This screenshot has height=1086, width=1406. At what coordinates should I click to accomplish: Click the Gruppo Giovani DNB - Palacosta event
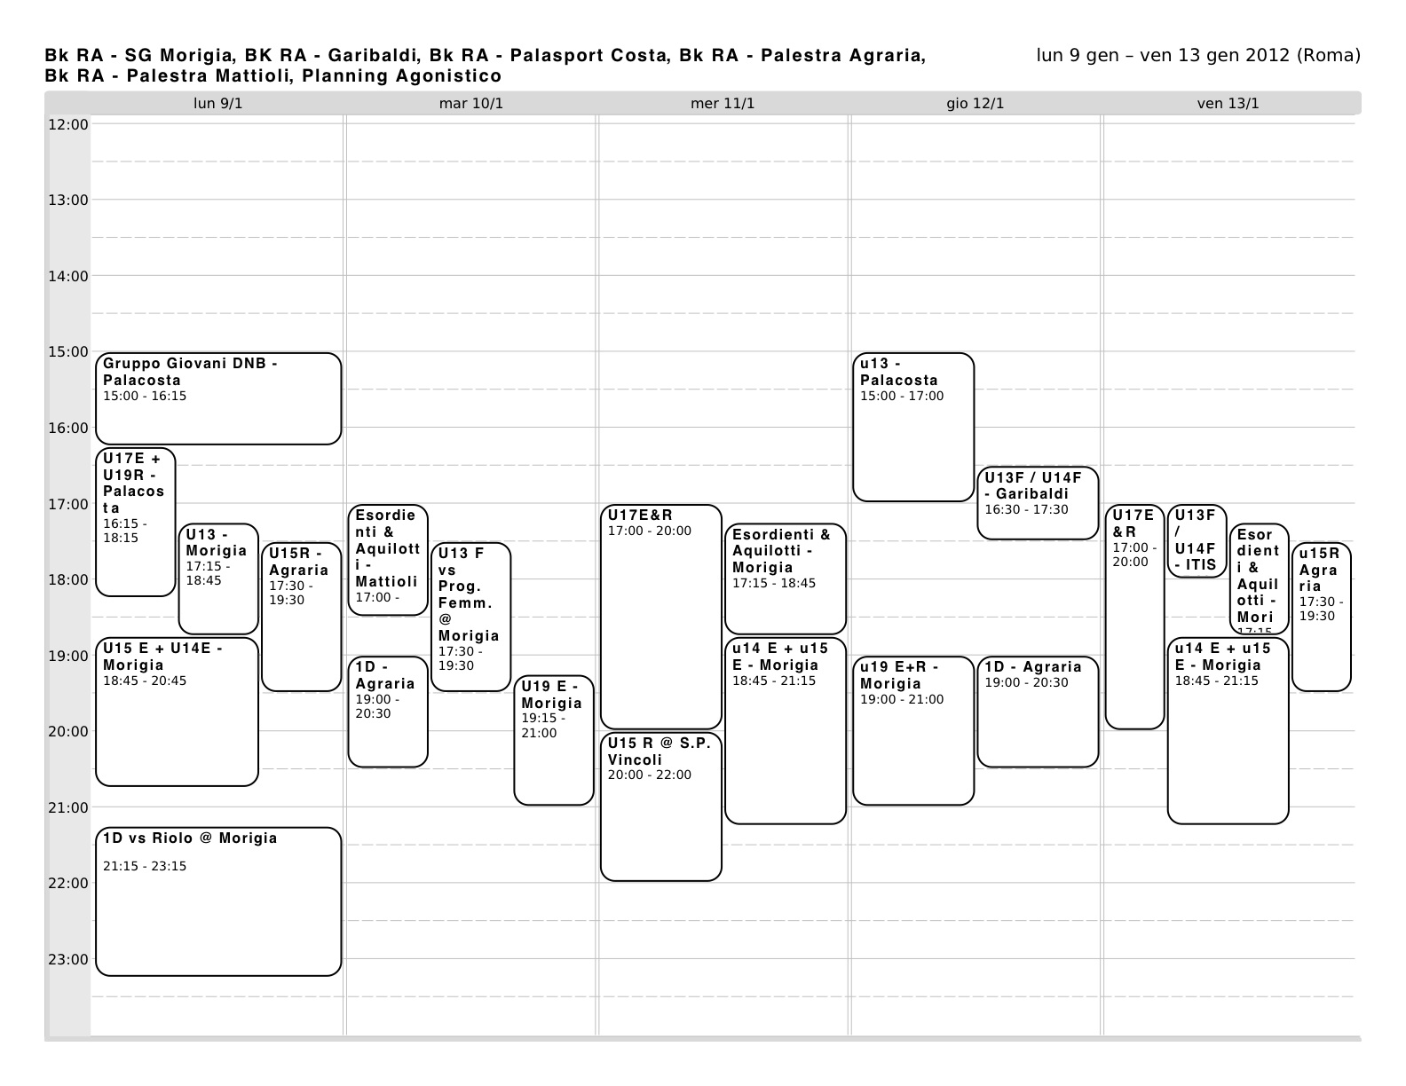pyautogui.click(x=217, y=398)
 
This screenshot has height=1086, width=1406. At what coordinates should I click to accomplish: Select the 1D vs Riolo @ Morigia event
pyautogui.click(x=217, y=901)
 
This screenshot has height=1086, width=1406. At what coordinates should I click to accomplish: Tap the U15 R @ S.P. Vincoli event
pyautogui.click(x=660, y=806)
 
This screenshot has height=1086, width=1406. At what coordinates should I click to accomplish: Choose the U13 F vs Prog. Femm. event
pyautogui.click(x=470, y=617)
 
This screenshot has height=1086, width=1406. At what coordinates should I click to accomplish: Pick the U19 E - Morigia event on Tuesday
pyautogui.click(x=553, y=740)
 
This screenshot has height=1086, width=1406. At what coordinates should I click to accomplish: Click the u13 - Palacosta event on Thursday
pyautogui.click(x=912, y=427)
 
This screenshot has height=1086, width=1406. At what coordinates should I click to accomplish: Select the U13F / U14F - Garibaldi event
pyautogui.click(x=1037, y=502)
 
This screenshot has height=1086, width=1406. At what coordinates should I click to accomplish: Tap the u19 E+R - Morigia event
pyautogui.click(x=912, y=730)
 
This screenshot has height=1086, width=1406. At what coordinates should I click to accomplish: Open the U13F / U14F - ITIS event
pyautogui.click(x=1196, y=540)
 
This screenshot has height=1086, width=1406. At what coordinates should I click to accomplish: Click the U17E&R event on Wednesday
pyautogui.click(x=660, y=617)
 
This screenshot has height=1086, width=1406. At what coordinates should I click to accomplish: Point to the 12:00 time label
pyautogui.click(x=67, y=124)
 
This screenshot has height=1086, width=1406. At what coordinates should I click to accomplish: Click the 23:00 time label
pyautogui.click(x=67, y=959)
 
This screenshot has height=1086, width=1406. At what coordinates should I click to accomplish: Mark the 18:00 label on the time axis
pyautogui.click(x=67, y=579)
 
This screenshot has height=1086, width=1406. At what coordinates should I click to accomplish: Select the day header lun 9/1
pyautogui.click(x=217, y=104)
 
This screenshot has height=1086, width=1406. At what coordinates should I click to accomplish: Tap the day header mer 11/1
pyautogui.click(x=723, y=104)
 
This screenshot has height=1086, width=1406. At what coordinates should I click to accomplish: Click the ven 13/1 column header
pyautogui.click(x=1228, y=104)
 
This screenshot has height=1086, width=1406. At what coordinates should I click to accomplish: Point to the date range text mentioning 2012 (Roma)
pyautogui.click(x=1197, y=56)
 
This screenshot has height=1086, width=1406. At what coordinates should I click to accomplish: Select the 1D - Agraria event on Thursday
pyautogui.click(x=1037, y=712)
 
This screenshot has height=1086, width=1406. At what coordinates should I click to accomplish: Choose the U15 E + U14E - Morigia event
pyautogui.click(x=177, y=712)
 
